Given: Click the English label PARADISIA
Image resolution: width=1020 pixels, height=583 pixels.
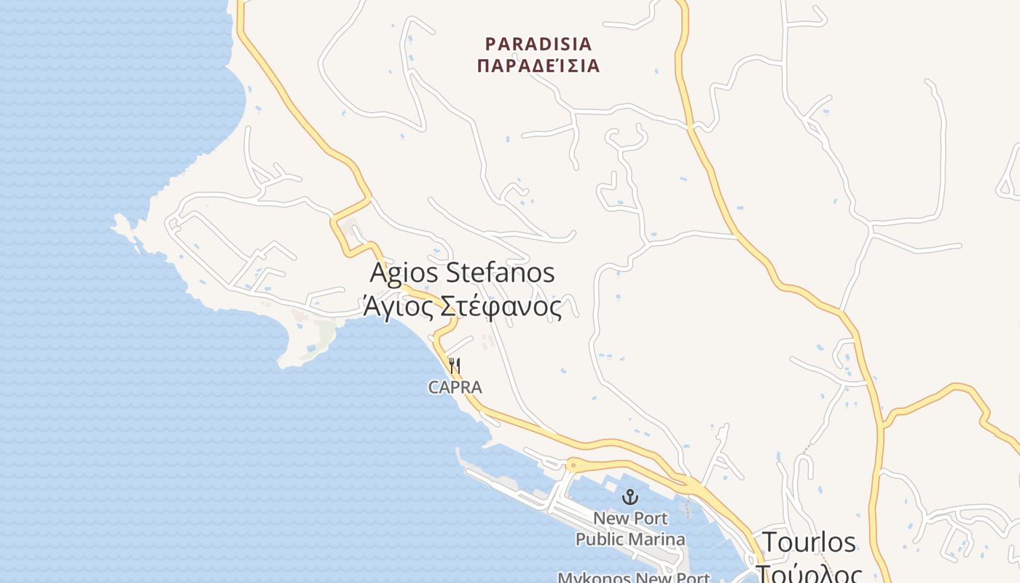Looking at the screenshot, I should (538, 44).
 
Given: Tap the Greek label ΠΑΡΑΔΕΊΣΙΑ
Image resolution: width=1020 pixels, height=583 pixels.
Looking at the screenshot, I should (538, 66).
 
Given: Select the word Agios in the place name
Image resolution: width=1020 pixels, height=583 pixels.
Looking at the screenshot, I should (404, 273).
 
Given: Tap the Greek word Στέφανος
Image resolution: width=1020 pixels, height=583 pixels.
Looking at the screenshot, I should (500, 307).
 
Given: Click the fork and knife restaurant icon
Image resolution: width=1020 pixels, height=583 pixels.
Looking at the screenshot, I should (455, 364).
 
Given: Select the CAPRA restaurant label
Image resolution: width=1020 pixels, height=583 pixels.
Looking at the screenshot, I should (455, 388).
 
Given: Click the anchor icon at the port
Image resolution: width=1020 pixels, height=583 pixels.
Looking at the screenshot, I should (630, 497).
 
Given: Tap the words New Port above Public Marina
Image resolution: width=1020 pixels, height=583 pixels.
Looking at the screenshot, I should (630, 519).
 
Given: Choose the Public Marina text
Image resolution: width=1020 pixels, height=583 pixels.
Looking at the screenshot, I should (630, 539).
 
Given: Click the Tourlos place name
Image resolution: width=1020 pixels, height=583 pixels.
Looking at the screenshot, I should (809, 542).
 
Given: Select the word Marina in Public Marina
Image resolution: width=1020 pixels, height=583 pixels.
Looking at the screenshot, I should (659, 539).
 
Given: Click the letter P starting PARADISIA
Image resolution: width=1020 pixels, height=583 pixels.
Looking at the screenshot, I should (490, 44).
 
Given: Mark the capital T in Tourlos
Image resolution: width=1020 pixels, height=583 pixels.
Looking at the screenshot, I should (769, 542).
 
